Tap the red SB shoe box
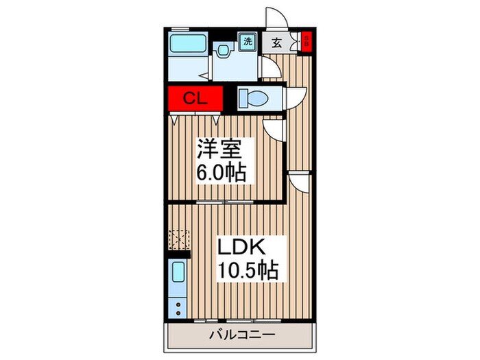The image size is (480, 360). (x=307, y=41)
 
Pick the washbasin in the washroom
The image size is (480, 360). (x=224, y=50)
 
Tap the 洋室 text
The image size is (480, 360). (x=215, y=149)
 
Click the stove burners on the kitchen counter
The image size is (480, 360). (x=178, y=307)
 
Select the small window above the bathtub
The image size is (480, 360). (x=180, y=28)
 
